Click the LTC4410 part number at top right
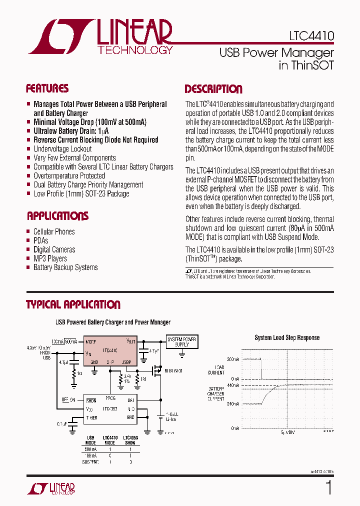tap(311, 36)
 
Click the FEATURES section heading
tap(47, 89)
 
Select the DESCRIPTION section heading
tap(213, 89)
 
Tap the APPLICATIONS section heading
tap(57, 216)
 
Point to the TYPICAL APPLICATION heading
tap(73, 304)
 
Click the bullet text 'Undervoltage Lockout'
tap(62, 149)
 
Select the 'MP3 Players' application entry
tap(50, 258)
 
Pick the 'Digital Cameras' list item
tap(54, 249)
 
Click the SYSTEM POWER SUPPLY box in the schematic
tap(181, 342)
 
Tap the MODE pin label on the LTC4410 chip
tap(91, 342)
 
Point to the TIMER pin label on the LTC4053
tap(91, 417)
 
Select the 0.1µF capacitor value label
tap(61, 423)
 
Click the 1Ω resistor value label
tap(79, 373)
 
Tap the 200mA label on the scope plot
tap(232, 359)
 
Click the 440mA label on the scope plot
tap(232, 385)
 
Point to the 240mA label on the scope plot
tap(232, 404)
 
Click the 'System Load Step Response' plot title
tap(287, 337)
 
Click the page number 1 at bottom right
tap(328, 487)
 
